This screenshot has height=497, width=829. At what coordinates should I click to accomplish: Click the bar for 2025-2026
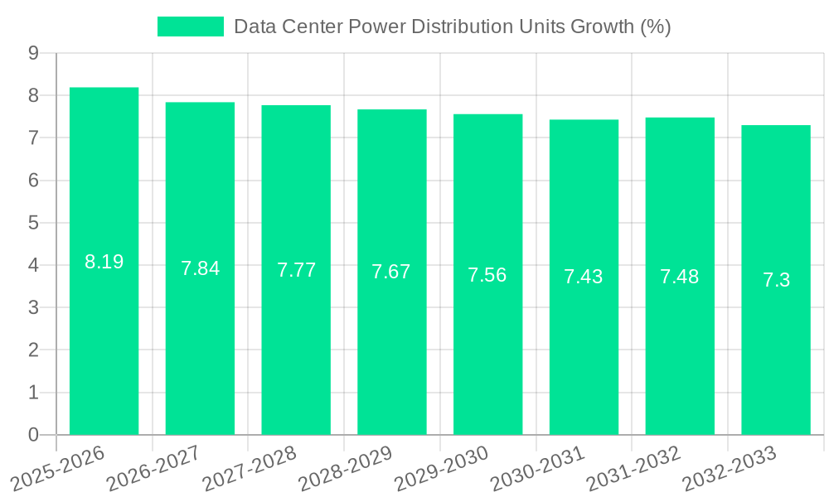pos(104,261)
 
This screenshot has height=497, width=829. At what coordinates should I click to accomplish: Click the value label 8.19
pos(104,262)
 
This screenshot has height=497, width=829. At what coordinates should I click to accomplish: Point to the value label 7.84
pos(200,268)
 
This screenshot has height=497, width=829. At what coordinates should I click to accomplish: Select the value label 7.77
pos(296,270)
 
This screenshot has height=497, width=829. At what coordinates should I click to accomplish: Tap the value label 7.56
pos(487,275)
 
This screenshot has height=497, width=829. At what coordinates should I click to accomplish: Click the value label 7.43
pos(584,277)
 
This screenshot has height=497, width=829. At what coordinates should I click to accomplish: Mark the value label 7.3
pos(776,280)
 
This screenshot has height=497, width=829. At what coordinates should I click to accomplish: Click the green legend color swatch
pos(190,27)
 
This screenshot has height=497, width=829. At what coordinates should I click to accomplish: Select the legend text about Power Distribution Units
pos(452,27)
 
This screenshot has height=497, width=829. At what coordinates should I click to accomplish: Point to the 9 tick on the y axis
pos(33,53)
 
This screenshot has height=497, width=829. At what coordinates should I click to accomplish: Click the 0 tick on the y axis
pos(33,435)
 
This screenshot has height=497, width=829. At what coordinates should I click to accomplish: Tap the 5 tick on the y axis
pos(33,223)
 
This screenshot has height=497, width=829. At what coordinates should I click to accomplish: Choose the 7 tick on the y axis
pos(33,138)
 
